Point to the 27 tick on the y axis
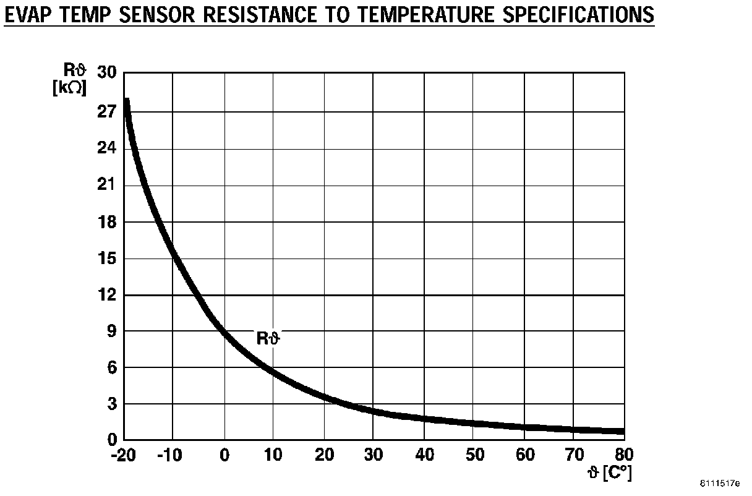pos(107,112)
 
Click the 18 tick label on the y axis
pos(107,222)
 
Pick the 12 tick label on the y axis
pos(107,295)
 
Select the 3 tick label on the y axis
pos(111,404)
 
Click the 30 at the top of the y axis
pos(107,74)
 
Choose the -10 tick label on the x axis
pos(171,455)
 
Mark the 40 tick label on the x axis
pos(424,455)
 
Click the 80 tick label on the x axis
pos(625,455)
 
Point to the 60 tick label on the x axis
pos(524,455)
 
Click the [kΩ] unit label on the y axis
pos(69,88)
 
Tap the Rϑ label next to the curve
pos(268,338)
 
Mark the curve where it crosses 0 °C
pos(224,335)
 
